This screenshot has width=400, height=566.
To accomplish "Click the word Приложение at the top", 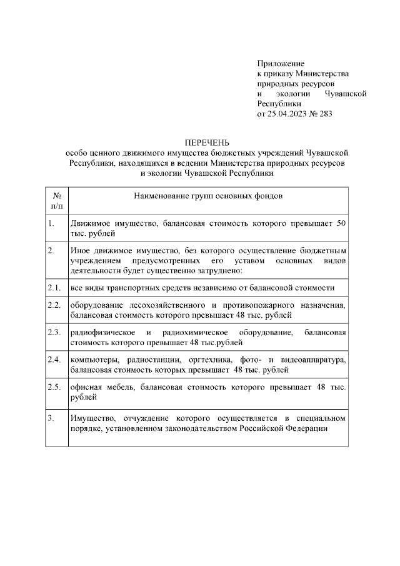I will pyautogui.click(x=281, y=63).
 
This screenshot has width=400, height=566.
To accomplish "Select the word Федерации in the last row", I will pyautogui.click(x=306, y=428).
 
